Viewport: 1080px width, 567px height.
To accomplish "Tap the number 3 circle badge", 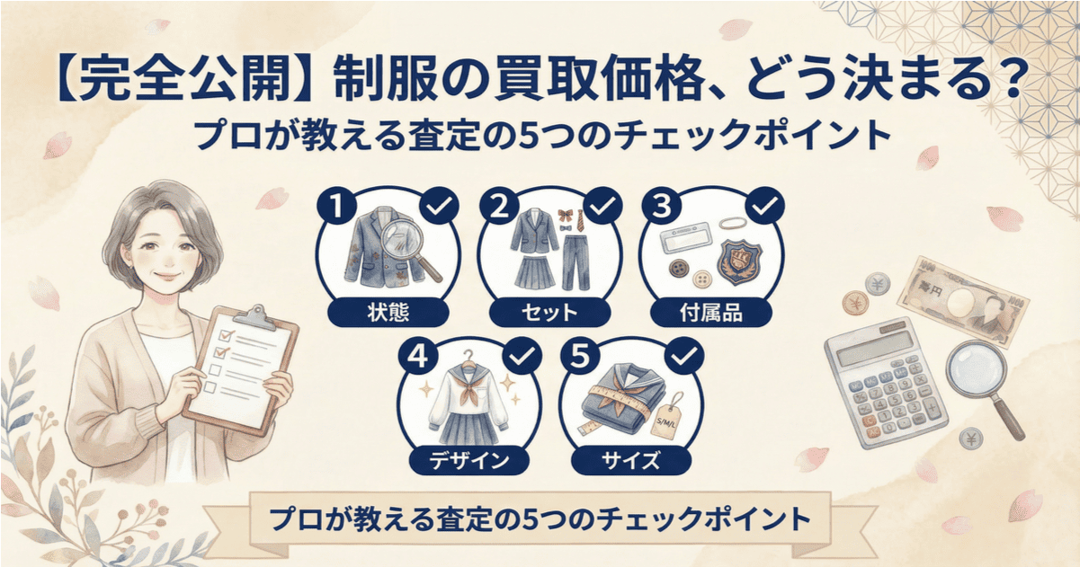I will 657,208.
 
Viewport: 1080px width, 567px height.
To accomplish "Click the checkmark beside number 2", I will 601,208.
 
